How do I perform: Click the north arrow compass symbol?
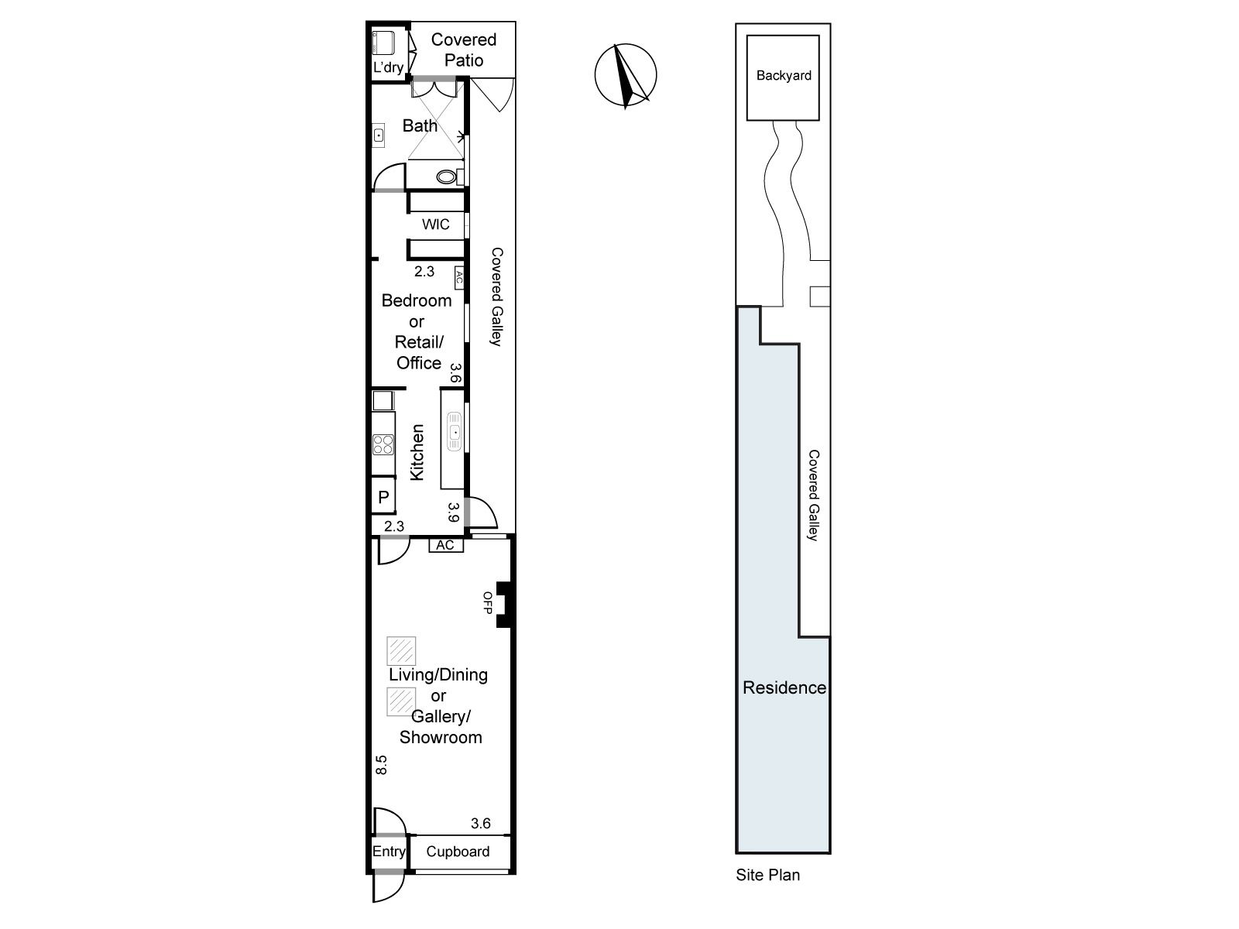(x=626, y=75)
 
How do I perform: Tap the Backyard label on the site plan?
(x=784, y=76)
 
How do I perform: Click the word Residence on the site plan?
(x=784, y=687)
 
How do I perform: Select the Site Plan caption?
(x=767, y=875)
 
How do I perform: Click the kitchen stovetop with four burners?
(x=383, y=444)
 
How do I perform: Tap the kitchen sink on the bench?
(x=455, y=431)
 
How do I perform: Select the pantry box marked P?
(x=383, y=496)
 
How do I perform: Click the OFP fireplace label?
(x=488, y=602)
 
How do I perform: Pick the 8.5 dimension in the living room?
(x=381, y=765)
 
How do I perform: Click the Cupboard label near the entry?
(x=458, y=851)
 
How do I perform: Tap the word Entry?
(x=389, y=851)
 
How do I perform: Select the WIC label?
(x=436, y=225)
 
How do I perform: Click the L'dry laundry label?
(x=389, y=67)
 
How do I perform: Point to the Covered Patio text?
(x=463, y=50)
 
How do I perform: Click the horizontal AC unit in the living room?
(x=446, y=545)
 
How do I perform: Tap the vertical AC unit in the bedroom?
(x=459, y=278)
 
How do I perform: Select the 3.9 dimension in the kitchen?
(x=453, y=512)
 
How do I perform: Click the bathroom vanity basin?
(x=378, y=135)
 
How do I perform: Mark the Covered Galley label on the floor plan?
(x=496, y=297)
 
